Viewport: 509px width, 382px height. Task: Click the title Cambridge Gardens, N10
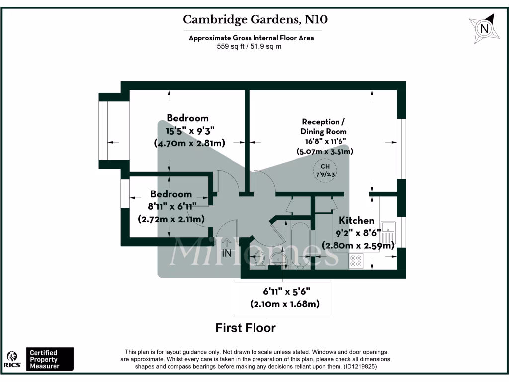255,20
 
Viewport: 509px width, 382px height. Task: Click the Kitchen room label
356,220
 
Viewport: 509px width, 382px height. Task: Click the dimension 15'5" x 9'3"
187,131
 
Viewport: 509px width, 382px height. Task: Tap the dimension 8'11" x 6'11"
171,206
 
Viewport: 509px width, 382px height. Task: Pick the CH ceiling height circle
324,170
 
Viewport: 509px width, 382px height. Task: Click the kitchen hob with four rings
356,261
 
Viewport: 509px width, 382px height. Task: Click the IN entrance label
227,253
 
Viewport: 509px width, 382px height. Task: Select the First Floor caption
246,328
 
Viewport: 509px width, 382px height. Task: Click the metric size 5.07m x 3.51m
325,152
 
